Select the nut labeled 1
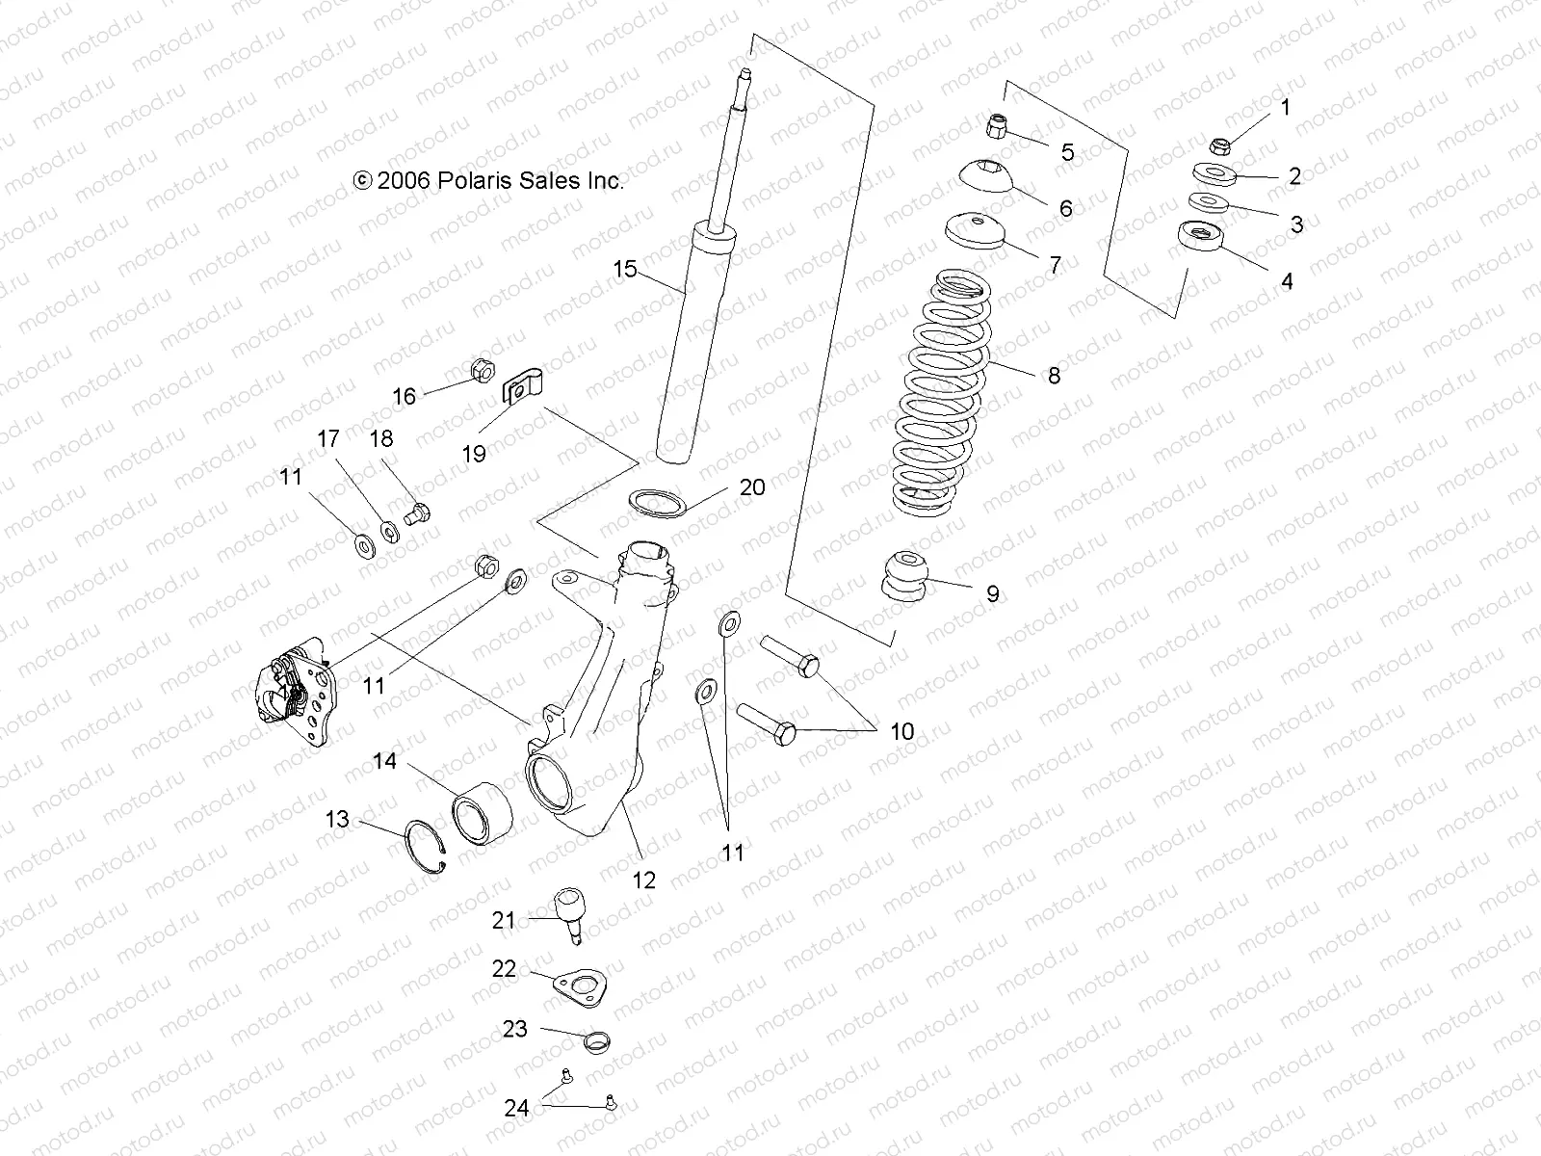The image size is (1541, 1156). click(x=1218, y=146)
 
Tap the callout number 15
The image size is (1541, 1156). click(x=625, y=269)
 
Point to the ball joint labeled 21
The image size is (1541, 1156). click(x=571, y=910)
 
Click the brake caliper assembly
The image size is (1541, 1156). click(x=294, y=692)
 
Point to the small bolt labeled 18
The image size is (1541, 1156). click(x=418, y=512)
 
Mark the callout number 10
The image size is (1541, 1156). click(x=901, y=731)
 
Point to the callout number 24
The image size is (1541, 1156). click(x=517, y=1108)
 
